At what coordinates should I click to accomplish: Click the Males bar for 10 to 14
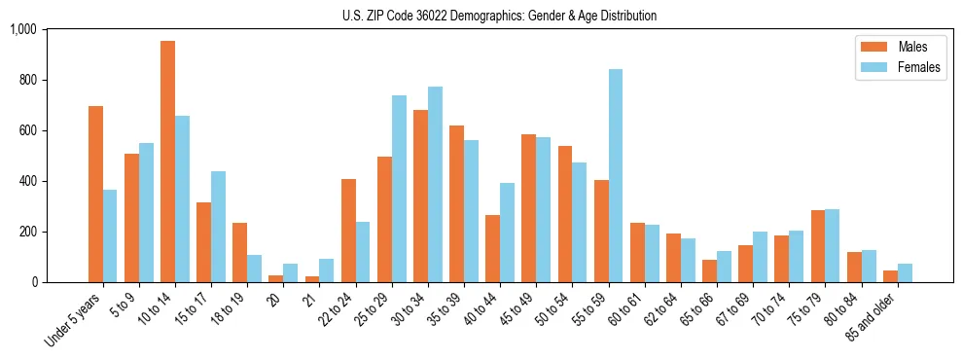168,162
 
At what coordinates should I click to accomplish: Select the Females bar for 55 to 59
616,176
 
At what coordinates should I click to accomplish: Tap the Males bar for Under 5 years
95,195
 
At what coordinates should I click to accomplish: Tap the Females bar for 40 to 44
507,233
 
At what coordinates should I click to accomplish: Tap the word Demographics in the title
495,16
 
